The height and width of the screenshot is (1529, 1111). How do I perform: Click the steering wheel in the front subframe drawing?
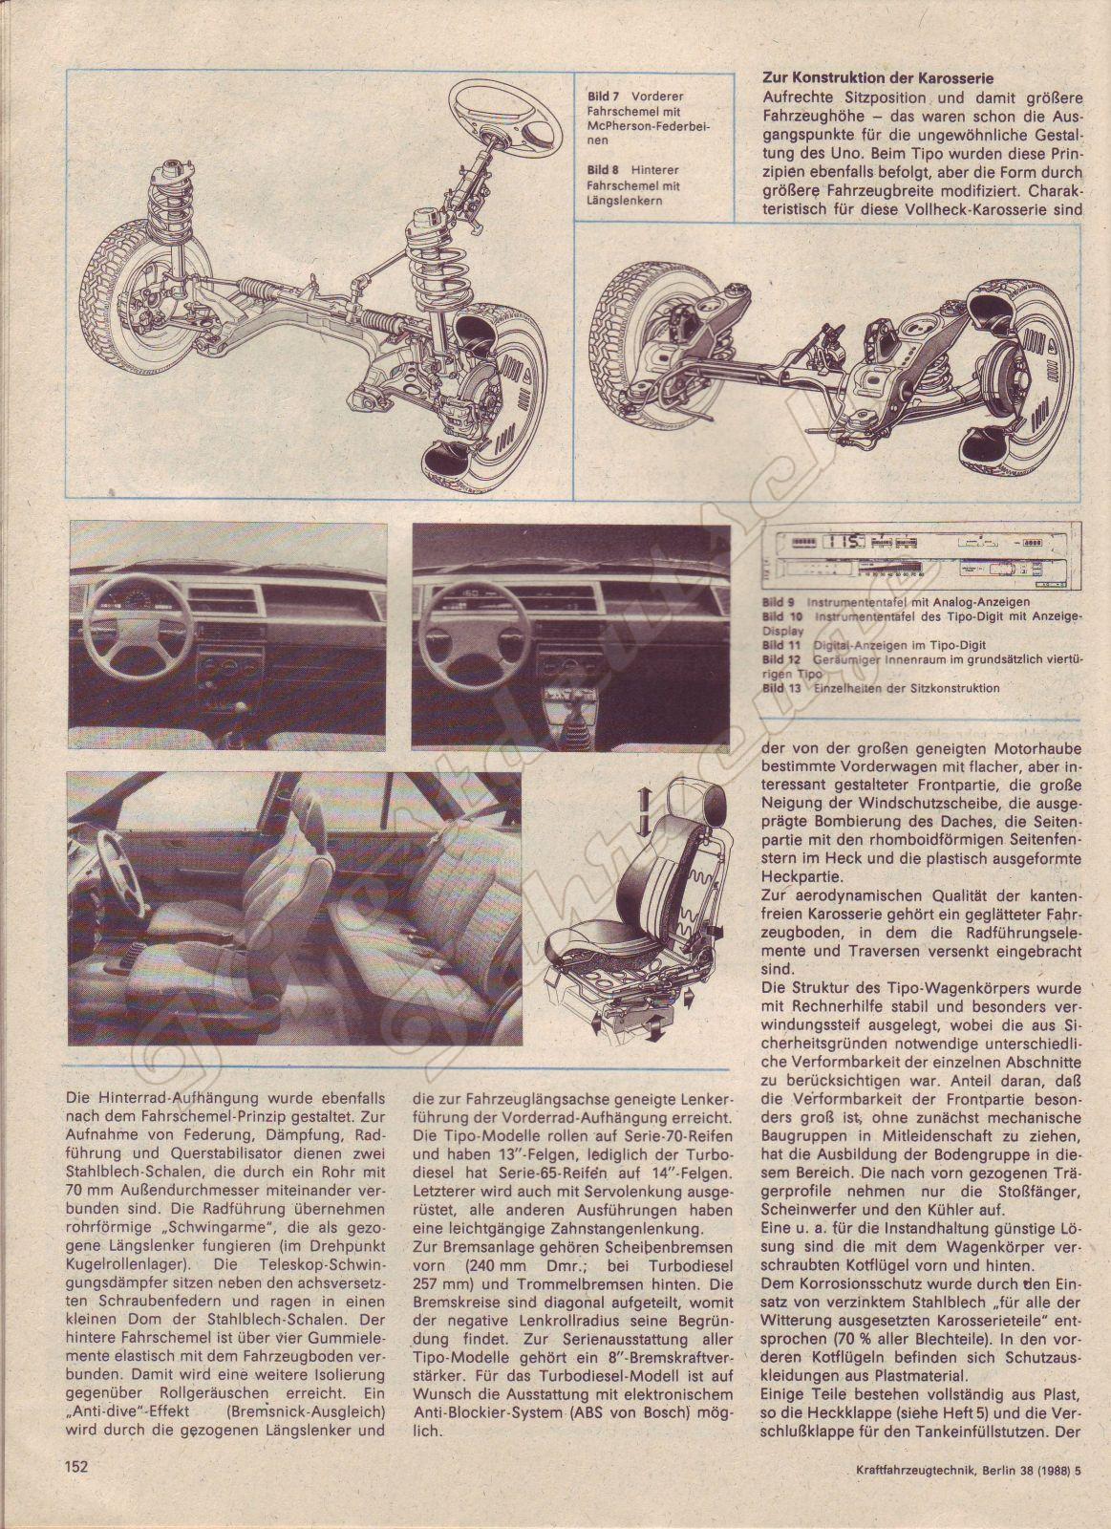click(x=490, y=105)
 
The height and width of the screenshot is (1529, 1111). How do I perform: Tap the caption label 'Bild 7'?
click(x=603, y=97)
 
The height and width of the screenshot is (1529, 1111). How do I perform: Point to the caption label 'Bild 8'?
click(x=603, y=169)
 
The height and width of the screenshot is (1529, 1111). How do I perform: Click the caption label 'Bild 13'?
click(x=781, y=687)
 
